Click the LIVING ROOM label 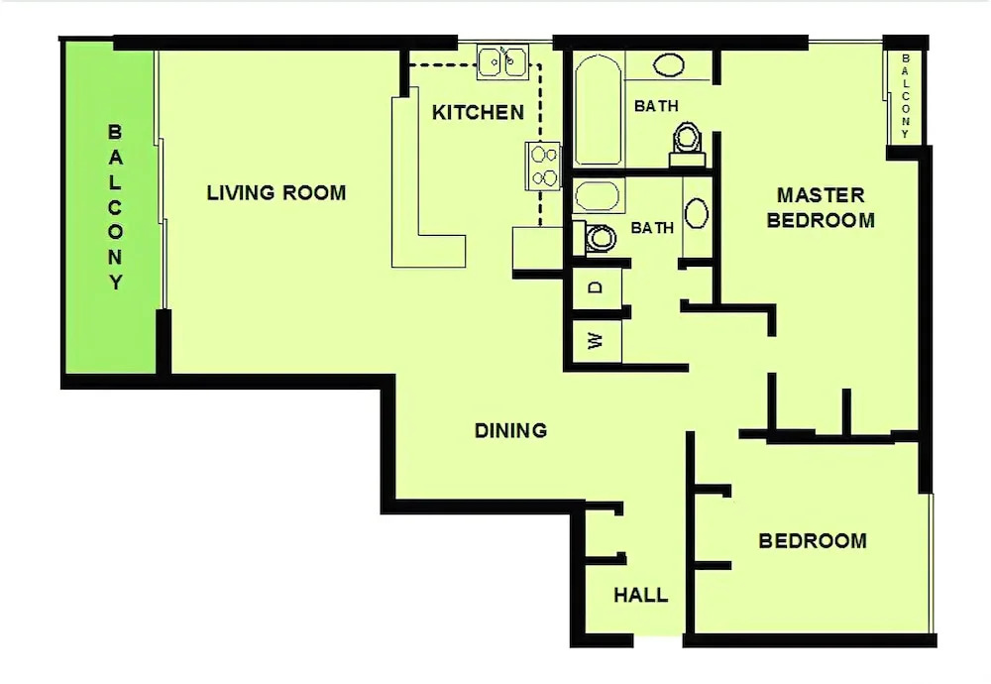(x=276, y=192)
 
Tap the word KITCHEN (x=478, y=113)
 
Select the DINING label (x=510, y=430)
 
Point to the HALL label (x=640, y=595)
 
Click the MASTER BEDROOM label (x=821, y=207)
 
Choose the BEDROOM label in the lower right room (x=813, y=540)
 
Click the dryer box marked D (x=597, y=288)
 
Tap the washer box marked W (x=597, y=341)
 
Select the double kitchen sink (x=502, y=61)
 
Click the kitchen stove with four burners (x=543, y=165)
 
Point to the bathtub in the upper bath (x=598, y=111)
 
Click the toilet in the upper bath (x=687, y=144)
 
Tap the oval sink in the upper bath (x=668, y=64)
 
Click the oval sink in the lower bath (x=697, y=213)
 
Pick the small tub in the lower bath (x=598, y=196)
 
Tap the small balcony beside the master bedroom (x=905, y=96)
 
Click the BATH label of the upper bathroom (x=656, y=106)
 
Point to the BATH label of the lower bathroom (x=652, y=228)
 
